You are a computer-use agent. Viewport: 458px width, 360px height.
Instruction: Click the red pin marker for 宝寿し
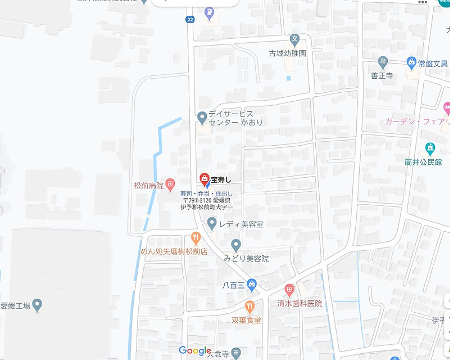[205, 179]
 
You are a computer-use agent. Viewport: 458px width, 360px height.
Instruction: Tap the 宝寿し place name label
[221, 180]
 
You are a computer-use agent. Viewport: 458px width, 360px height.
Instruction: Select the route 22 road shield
[190, 20]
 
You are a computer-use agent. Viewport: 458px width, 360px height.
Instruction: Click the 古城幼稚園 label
[287, 53]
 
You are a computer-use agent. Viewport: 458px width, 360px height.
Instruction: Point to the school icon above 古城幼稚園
[294, 39]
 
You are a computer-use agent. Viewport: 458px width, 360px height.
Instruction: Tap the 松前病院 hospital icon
[171, 184]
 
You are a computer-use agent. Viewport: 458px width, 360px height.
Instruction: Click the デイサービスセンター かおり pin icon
[202, 118]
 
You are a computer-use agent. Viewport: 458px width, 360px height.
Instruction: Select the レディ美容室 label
[241, 224]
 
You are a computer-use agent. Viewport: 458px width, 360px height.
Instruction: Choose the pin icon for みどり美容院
[236, 245]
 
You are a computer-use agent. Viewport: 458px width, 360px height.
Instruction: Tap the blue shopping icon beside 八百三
[252, 285]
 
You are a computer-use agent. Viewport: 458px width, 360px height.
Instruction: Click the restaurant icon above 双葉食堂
[250, 307]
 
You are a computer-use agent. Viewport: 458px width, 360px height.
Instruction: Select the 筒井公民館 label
[423, 162]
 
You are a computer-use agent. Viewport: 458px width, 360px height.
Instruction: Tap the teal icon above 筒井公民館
[430, 148]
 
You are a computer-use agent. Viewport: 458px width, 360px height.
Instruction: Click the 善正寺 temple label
[382, 75]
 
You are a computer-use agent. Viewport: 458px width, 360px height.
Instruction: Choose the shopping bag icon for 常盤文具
[411, 63]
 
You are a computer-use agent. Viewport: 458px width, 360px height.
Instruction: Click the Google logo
[195, 351]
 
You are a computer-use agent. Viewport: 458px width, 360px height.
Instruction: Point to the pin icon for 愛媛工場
[37, 305]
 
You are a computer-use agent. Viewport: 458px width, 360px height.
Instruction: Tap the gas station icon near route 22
[209, 11]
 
